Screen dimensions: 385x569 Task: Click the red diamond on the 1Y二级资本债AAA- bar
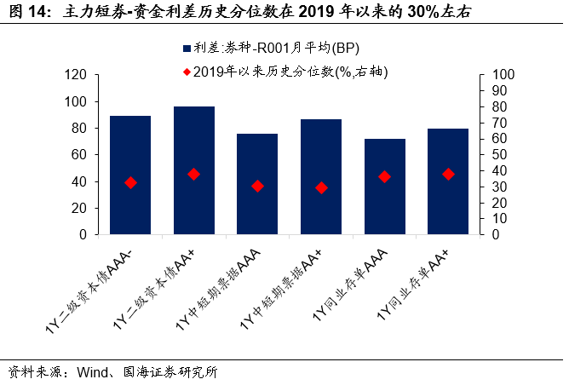(130, 182)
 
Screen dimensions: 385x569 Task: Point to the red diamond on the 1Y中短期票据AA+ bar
(321, 187)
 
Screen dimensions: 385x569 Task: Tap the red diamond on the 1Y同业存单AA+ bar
(448, 174)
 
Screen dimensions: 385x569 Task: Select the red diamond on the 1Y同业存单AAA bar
(385, 176)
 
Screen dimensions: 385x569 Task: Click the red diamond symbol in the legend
(187, 71)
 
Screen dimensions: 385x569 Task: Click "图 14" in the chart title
(26, 14)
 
